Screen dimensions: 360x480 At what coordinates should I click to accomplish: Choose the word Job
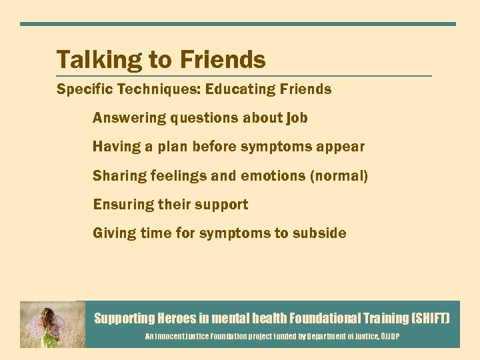[297, 118]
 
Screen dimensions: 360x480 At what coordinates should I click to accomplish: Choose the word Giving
[114, 233]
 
